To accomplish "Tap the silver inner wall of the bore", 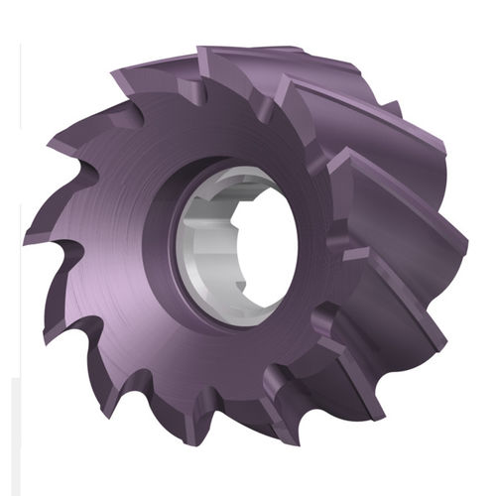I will (x=202, y=238).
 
